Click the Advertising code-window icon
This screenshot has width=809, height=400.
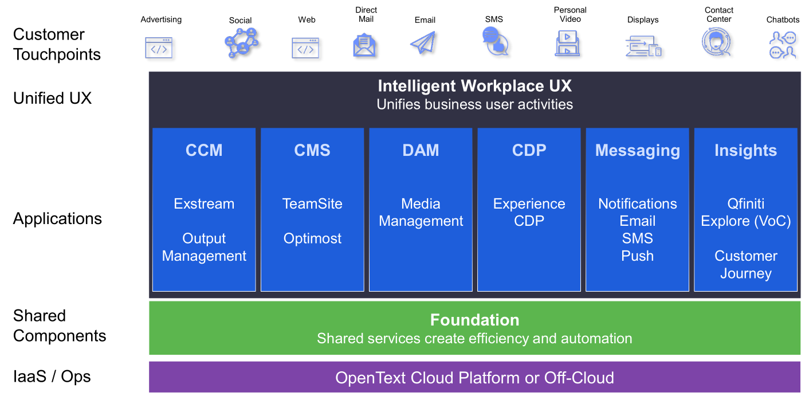[159, 48]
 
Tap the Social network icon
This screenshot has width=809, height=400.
[241, 43]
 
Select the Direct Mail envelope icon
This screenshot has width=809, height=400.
[364, 45]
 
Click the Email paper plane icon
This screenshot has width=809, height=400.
[423, 42]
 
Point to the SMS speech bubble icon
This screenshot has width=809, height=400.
[495, 42]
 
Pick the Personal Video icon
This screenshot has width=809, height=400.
[567, 44]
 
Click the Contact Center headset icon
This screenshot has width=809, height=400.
[716, 42]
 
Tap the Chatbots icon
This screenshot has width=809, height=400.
[782, 45]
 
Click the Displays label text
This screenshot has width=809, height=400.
[643, 19]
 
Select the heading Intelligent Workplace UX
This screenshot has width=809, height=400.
[474, 86]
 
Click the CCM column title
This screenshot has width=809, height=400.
[204, 150]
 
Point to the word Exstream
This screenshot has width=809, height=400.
[204, 204]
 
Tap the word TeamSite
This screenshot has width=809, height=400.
[312, 204]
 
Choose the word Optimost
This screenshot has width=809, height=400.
[312, 238]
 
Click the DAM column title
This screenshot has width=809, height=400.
[421, 150]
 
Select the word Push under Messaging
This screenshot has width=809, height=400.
[638, 256]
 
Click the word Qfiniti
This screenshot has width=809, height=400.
[746, 204]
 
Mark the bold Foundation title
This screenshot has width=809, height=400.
[474, 320]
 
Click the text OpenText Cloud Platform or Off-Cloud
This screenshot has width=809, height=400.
[474, 378]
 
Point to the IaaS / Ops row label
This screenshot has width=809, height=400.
[52, 377]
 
